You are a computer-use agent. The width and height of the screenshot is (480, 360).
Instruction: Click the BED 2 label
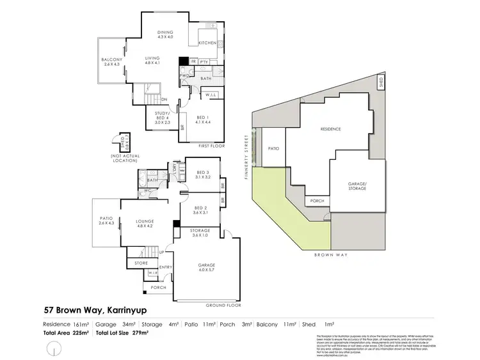[x=202, y=209]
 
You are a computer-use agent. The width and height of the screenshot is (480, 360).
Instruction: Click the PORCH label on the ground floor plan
[x=158, y=288]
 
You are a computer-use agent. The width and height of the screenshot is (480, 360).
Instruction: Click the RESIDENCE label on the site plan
[x=331, y=129]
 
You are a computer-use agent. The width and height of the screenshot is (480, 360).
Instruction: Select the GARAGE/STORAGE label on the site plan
[x=357, y=186]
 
